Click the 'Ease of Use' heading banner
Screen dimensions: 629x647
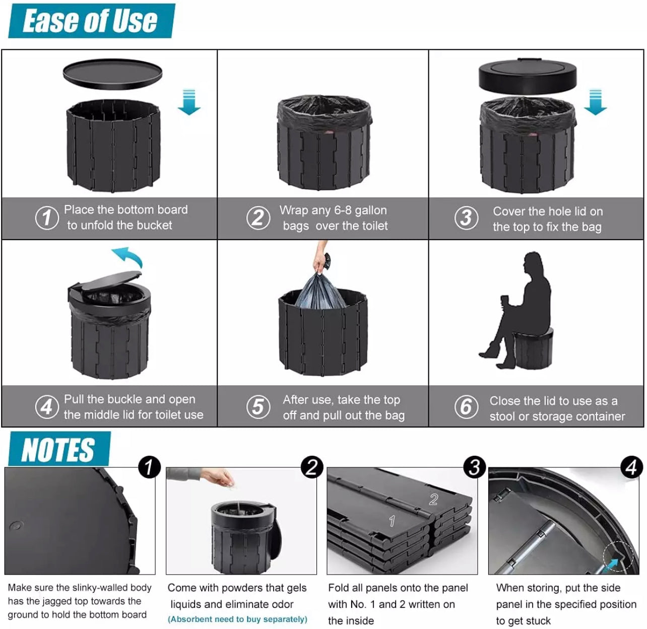91,21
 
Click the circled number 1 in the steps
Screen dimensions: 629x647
47,218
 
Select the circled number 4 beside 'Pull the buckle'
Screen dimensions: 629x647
47,406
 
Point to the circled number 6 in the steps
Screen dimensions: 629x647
466,407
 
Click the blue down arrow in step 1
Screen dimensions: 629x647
189,102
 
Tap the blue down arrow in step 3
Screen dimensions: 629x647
595,102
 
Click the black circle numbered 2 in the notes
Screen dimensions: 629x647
311,467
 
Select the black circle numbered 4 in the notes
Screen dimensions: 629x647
631,467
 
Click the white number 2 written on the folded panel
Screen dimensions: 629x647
433,500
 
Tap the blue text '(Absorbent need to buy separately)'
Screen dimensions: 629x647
237,619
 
